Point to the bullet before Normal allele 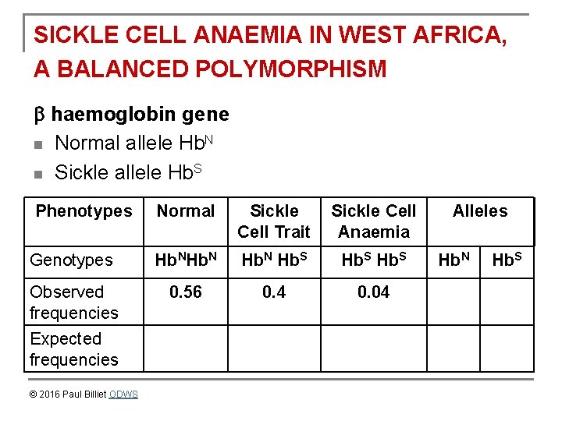38,144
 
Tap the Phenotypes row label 84,211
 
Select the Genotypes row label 71,260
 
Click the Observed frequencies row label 73,302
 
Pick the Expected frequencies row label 73,348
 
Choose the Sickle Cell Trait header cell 274,221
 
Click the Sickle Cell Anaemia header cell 374,221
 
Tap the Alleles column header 480,211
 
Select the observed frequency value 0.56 186,292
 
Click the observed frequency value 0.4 274,292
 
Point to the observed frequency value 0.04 374,292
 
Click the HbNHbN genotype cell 186,260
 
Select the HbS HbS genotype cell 374,260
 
